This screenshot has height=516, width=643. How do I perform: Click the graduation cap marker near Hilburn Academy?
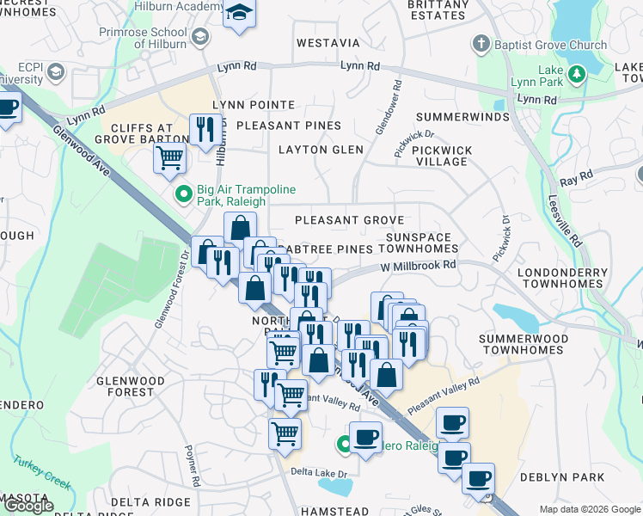[x=240, y=15]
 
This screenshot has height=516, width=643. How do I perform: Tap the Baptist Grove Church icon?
[x=481, y=45]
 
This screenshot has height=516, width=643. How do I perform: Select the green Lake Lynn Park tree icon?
[x=579, y=73]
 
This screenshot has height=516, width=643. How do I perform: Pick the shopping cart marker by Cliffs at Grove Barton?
[x=170, y=157]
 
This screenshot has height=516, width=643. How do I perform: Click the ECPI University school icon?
[x=58, y=71]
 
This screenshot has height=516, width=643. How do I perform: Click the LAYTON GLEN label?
[x=321, y=150]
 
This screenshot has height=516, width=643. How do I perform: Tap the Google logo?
[x=28, y=506]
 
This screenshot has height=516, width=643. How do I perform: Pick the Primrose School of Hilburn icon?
[x=200, y=37]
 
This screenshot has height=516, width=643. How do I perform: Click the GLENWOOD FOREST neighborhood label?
[x=130, y=386]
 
